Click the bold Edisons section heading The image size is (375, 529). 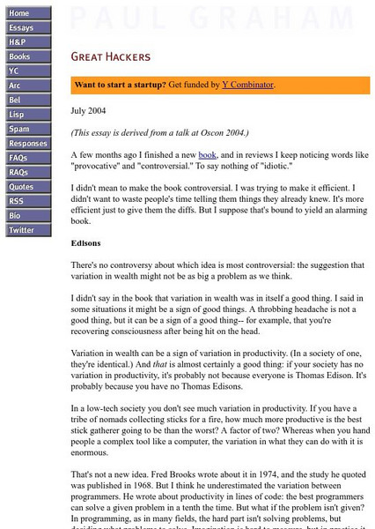(88, 242)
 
